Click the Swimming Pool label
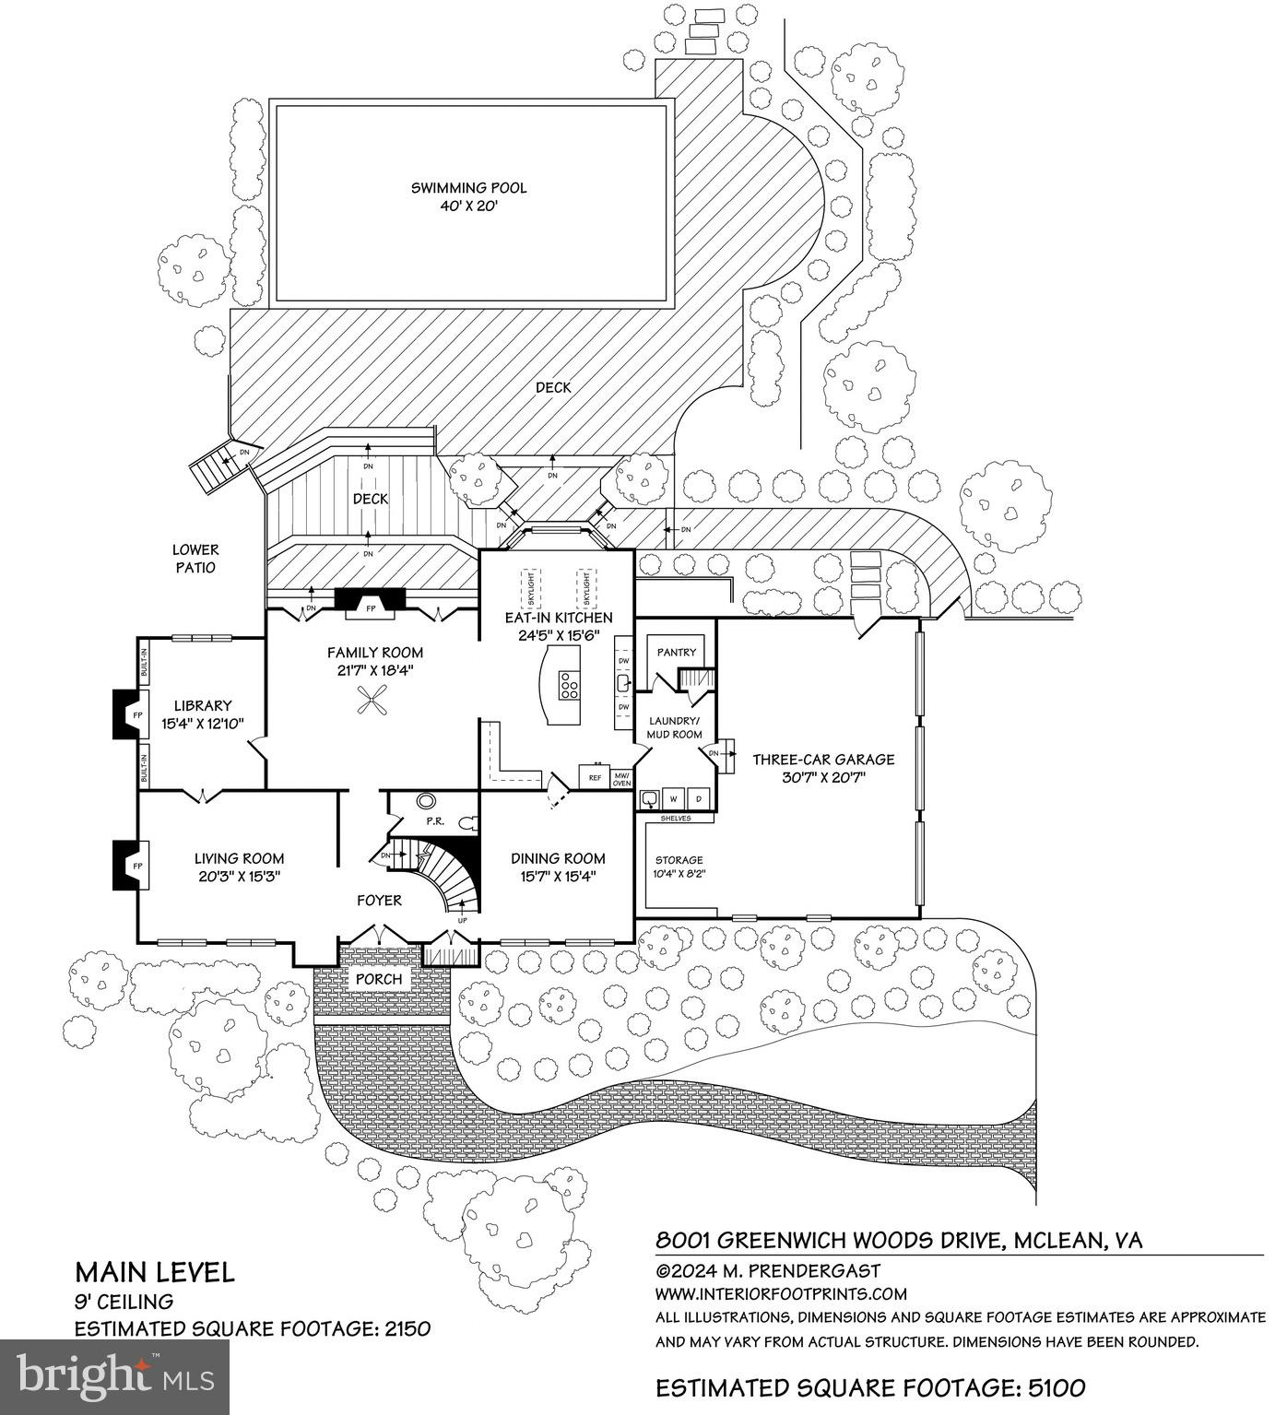(468, 188)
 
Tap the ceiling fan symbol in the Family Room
(374, 702)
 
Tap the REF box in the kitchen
(594, 777)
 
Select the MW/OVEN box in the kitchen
(621, 778)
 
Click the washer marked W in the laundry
(673, 797)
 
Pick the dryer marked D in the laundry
(699, 797)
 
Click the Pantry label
(676, 652)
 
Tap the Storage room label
(679, 859)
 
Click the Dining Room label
(558, 858)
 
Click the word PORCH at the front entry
(379, 978)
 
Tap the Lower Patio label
(195, 559)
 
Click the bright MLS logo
(114, 1376)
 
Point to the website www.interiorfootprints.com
(781, 1293)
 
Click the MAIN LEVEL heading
(154, 1272)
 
